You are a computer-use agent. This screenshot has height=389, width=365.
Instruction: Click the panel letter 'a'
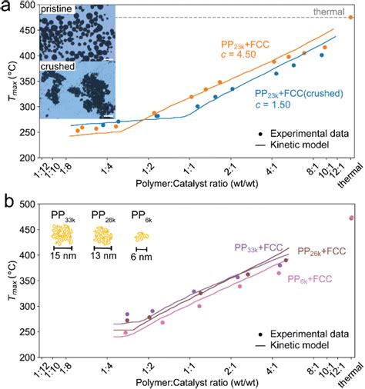(x=6, y=6)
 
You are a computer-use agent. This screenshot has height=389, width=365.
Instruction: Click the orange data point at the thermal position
(x=351, y=17)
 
